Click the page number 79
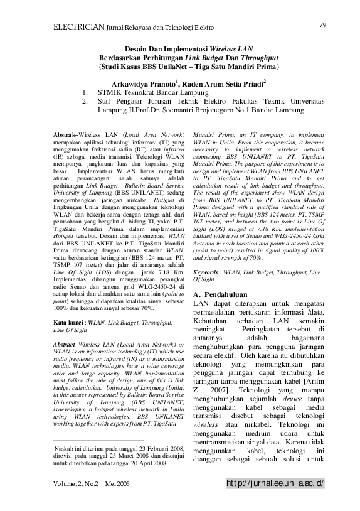point(324,24)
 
